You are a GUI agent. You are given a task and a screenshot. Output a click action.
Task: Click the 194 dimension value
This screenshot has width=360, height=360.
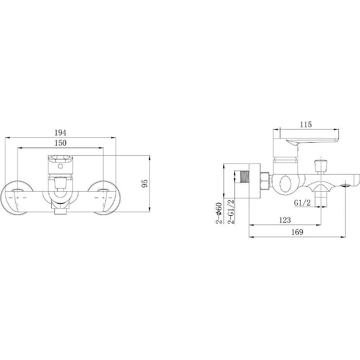tap(60, 133)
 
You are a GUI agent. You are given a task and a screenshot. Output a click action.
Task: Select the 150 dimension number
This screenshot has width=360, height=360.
tap(60, 143)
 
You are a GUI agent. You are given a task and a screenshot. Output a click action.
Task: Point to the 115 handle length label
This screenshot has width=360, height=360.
tap(306, 125)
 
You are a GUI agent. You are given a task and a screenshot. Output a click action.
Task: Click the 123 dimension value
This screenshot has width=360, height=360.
tap(285, 220)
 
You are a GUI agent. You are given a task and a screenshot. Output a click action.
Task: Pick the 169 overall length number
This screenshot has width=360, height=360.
tap(297, 232)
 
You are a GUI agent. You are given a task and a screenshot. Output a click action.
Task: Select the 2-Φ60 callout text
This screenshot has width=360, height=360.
tap(219, 213)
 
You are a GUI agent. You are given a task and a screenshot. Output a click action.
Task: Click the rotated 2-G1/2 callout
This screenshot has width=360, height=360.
tap(230, 211)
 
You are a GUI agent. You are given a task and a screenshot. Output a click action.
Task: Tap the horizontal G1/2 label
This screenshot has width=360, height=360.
tap(302, 203)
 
